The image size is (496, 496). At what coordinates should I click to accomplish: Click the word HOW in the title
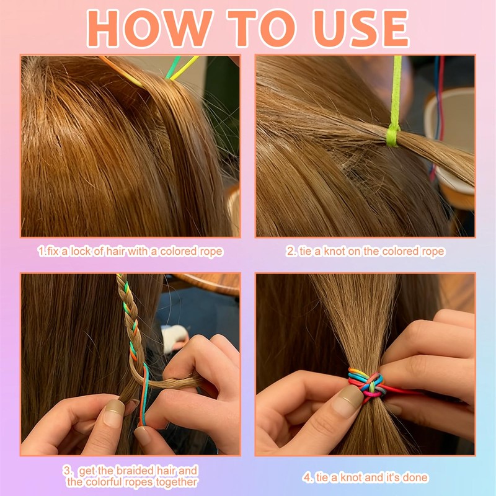tap(149, 28)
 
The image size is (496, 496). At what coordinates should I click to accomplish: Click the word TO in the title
tap(262, 28)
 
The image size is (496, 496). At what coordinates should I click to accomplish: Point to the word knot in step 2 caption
tap(334, 251)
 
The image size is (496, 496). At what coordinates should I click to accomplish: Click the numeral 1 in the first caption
tap(41, 252)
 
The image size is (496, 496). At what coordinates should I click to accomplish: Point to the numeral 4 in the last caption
tap(306, 477)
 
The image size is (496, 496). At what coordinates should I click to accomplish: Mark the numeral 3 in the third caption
tap(67, 471)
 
